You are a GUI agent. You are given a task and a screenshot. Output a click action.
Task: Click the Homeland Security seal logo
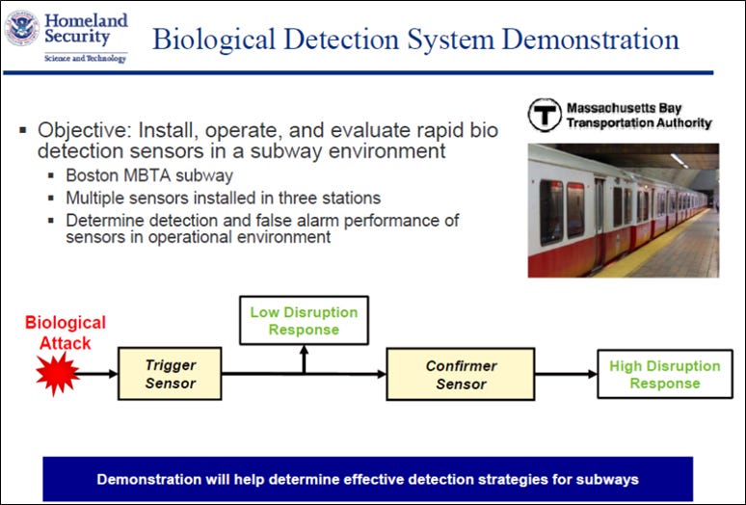tap(21, 28)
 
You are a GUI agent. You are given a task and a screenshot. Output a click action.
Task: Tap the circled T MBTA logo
tap(545, 115)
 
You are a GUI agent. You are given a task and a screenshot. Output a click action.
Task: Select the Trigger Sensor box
tap(171, 374)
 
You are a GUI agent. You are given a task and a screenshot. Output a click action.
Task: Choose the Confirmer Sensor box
tap(461, 374)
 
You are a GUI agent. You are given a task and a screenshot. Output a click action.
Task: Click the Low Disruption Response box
tap(304, 321)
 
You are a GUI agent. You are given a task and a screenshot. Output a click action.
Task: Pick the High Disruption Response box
tap(664, 374)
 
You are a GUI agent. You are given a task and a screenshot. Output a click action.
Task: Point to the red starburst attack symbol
tap(57, 372)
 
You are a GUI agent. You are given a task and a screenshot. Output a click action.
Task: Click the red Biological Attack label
tap(66, 332)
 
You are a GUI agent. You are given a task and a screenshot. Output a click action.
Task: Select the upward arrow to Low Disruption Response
tap(304, 359)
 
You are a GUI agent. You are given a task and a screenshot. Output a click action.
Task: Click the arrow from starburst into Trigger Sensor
tap(96, 373)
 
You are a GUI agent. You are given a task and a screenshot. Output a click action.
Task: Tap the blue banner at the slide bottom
tap(367, 478)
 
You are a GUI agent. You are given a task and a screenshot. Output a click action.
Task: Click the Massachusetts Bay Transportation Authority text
tap(638, 115)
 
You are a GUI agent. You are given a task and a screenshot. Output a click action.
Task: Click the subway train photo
tap(623, 210)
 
